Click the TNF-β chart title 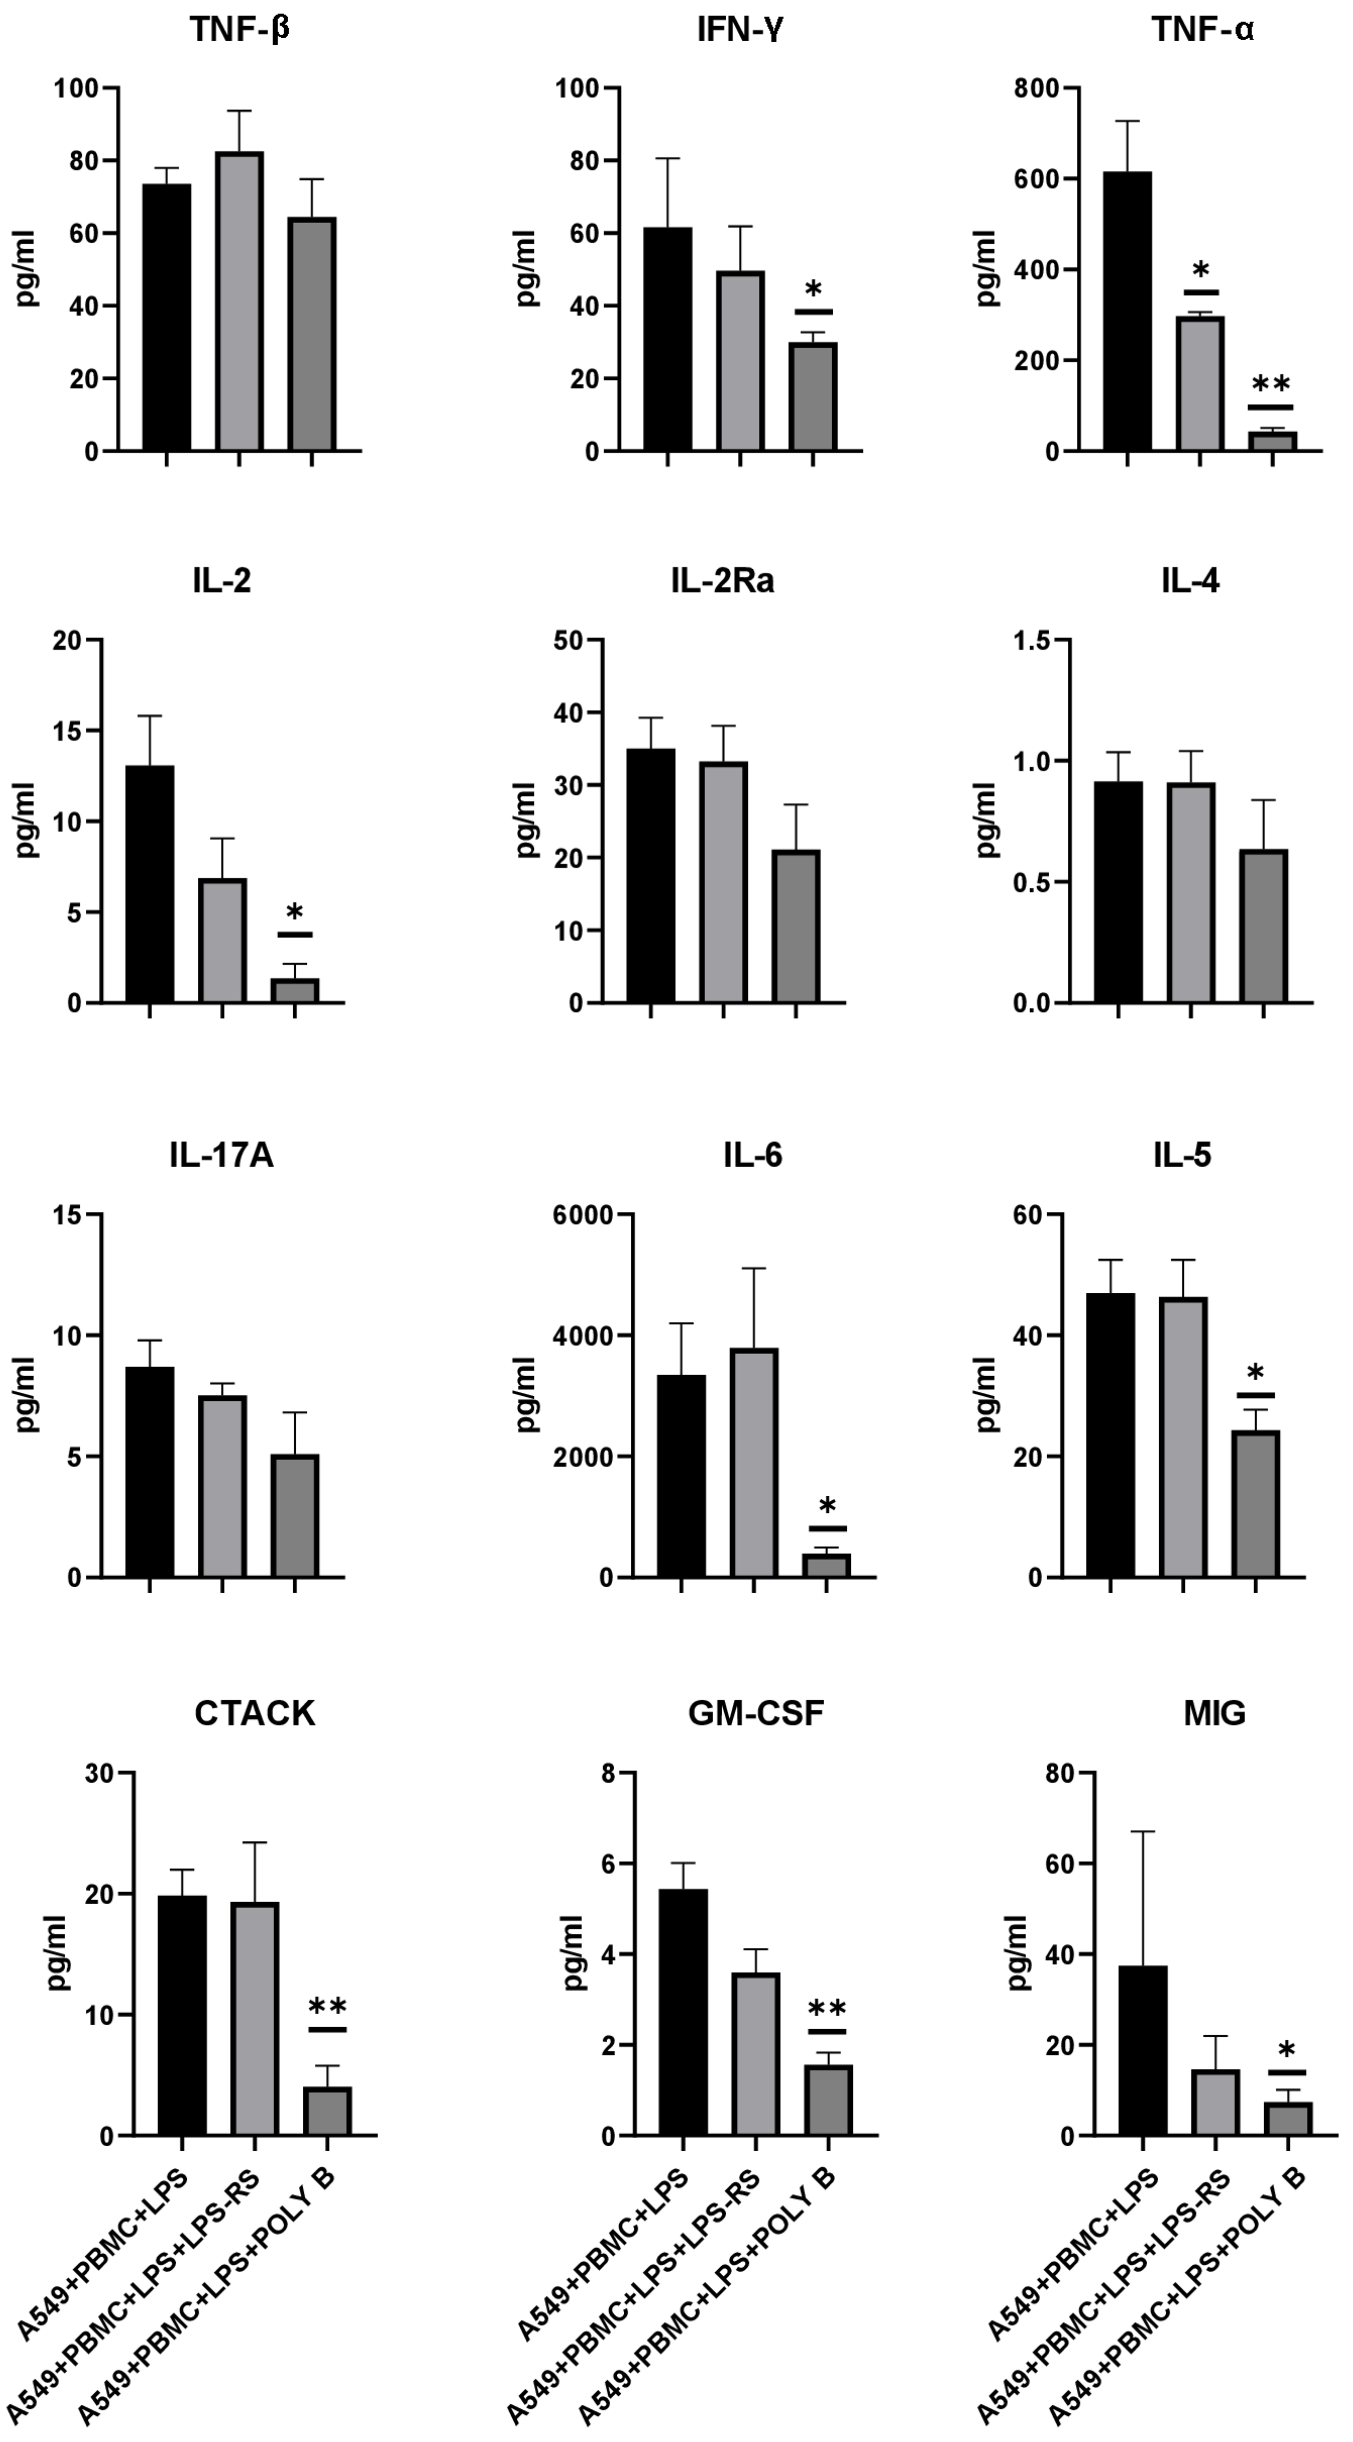tap(240, 30)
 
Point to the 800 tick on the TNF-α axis tap(1036, 88)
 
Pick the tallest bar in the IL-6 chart tap(754, 1462)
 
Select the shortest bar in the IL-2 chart tap(295, 989)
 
